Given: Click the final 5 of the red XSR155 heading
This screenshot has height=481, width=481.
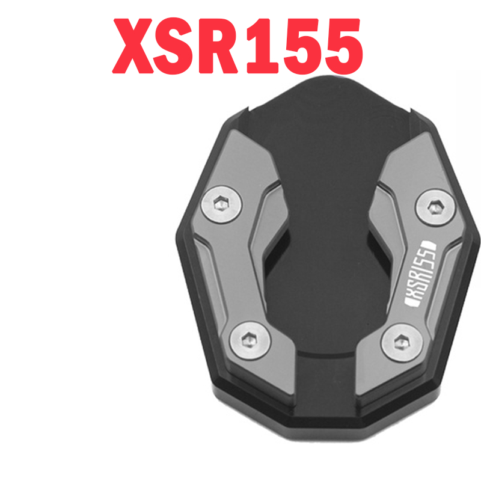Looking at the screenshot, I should pos(339,47).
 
